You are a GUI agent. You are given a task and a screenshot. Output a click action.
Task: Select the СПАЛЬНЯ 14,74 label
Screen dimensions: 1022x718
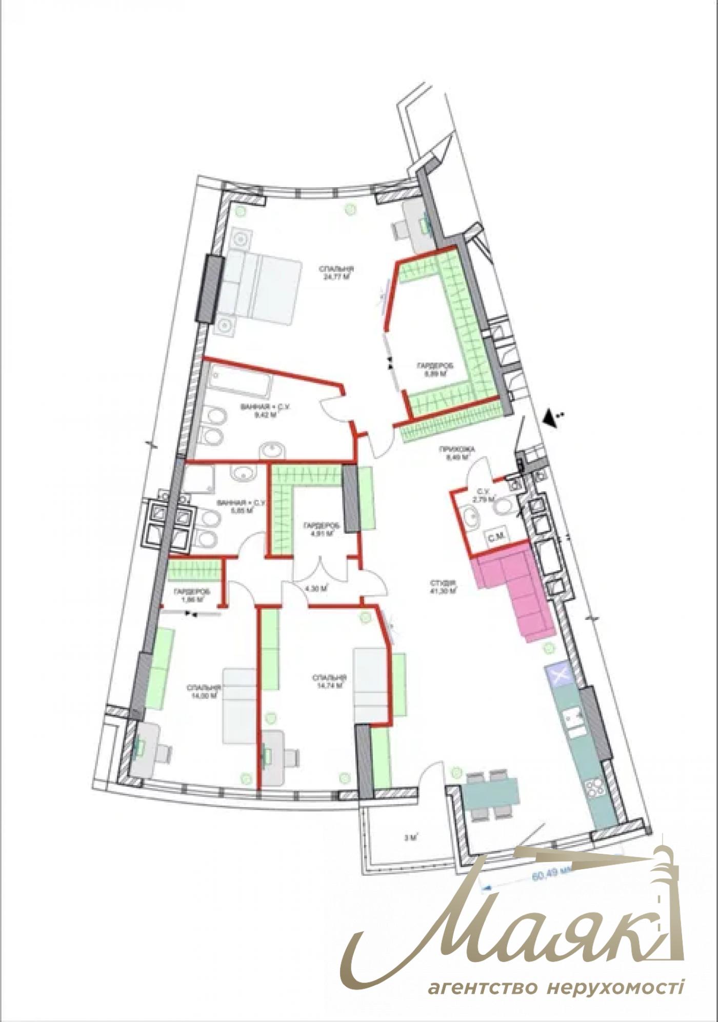coord(329,681)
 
